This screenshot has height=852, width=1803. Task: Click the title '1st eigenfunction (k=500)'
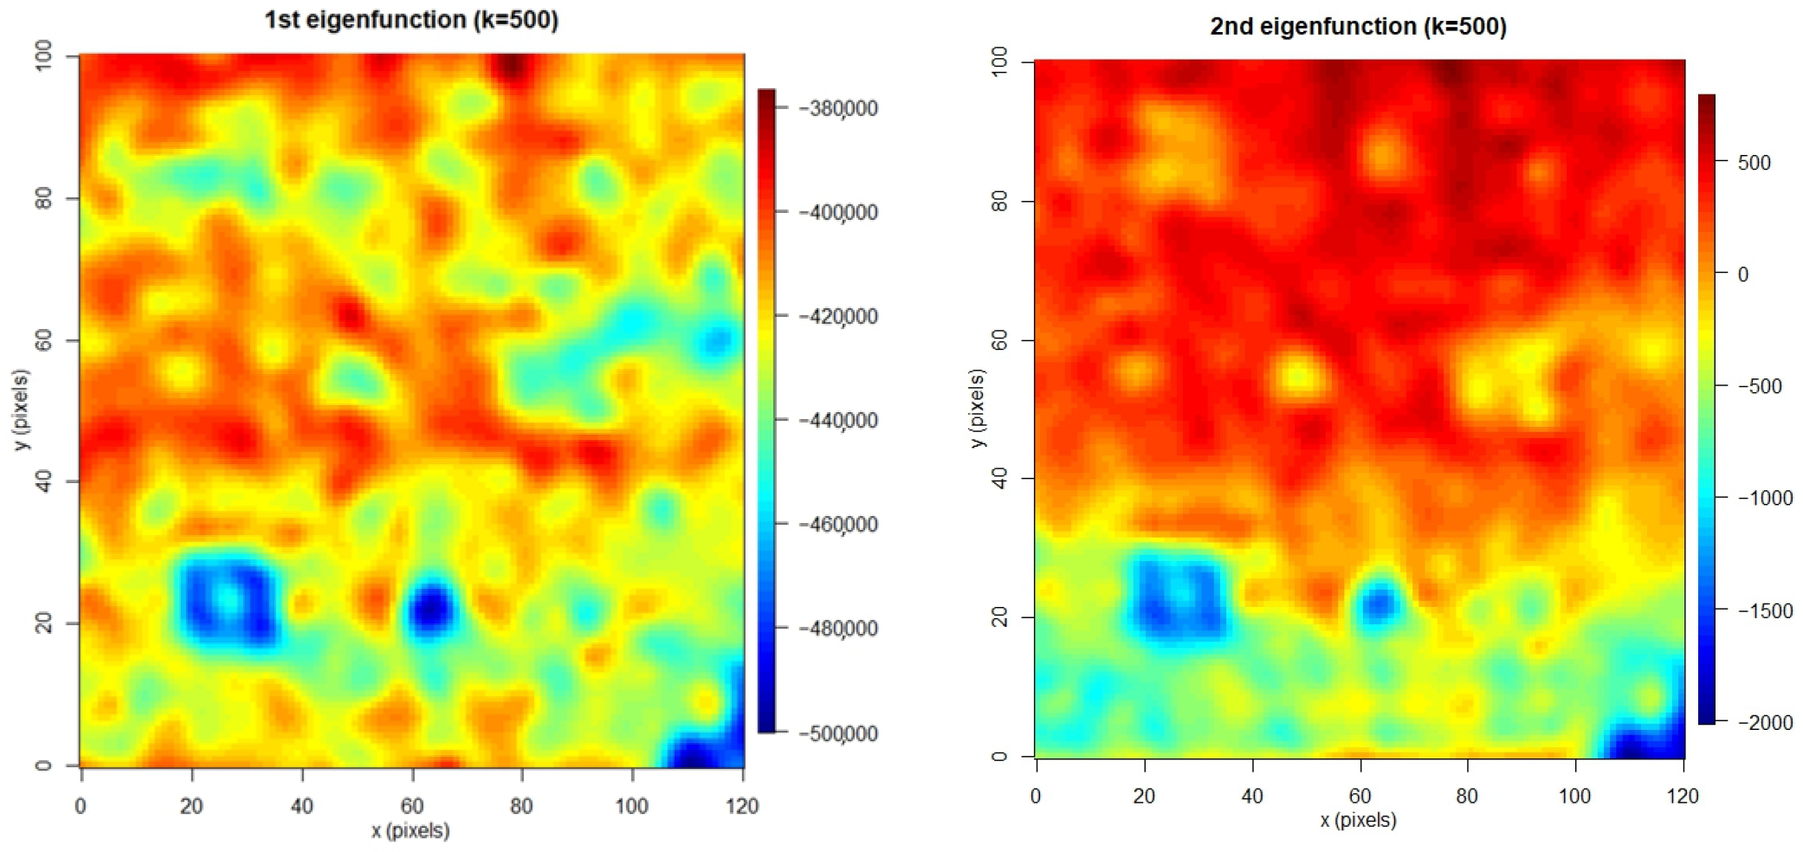(411, 20)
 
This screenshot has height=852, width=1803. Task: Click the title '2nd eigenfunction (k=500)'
(1358, 27)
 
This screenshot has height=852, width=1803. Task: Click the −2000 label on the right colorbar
(1765, 722)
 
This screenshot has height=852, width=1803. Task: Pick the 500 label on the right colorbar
(1755, 163)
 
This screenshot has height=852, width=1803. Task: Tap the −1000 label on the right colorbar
(1765, 498)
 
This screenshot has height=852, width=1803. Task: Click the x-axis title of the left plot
(410, 830)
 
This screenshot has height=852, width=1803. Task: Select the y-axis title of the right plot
(978, 408)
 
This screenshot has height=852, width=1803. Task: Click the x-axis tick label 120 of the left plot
(742, 806)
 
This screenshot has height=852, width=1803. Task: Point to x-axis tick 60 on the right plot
(1360, 796)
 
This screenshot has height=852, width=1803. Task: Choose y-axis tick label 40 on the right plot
(999, 478)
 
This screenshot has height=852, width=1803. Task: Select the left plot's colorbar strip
(766, 410)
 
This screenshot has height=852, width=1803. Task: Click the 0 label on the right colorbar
(1743, 274)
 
